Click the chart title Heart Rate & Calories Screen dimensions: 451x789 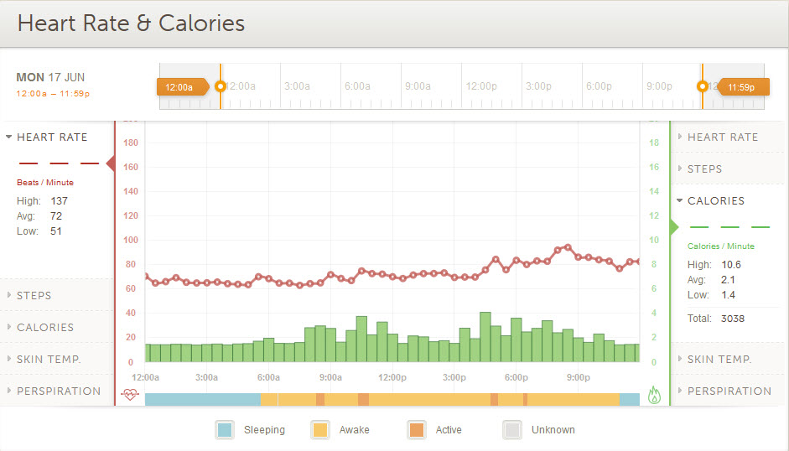click(131, 23)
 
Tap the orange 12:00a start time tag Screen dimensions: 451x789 click(179, 86)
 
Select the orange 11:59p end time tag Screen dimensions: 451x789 click(741, 86)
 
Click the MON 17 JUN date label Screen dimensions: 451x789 click(50, 77)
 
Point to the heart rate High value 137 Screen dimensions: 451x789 click(59, 201)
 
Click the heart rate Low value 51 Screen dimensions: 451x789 click(56, 231)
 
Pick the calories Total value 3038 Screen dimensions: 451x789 click(732, 319)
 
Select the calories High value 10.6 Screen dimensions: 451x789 click(730, 265)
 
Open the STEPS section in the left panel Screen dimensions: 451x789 click(34, 296)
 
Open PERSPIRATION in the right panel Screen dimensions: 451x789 click(729, 391)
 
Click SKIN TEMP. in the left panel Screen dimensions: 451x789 click(49, 360)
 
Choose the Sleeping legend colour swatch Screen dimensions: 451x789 click(225, 430)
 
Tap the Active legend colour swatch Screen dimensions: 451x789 click(416, 430)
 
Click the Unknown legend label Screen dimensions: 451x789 click(553, 430)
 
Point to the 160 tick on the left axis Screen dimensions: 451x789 click(130, 167)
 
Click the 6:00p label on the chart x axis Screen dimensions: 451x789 click(516, 377)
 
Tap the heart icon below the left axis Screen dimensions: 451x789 click(129, 395)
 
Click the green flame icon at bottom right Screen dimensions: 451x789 click(655, 395)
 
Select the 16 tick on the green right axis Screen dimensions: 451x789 click(654, 167)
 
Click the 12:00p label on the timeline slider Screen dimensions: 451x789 click(482, 86)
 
